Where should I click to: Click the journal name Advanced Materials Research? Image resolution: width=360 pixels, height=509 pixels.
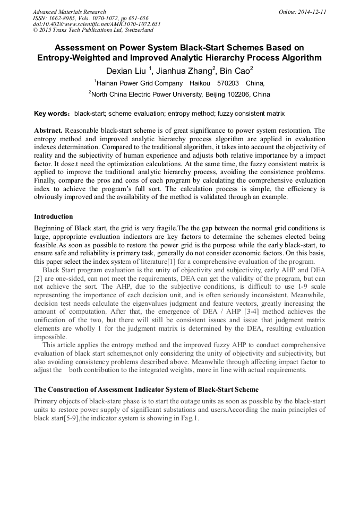[69, 12]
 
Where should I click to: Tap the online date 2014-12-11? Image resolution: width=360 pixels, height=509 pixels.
[312, 12]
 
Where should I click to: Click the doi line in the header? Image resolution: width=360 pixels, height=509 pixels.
[96, 24]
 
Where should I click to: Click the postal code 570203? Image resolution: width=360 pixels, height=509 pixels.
[227, 83]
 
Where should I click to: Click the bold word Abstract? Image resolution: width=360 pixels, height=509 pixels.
[49, 131]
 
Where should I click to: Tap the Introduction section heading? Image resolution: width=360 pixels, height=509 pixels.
[54, 217]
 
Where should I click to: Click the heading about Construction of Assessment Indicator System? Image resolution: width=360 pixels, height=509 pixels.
[146, 390]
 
